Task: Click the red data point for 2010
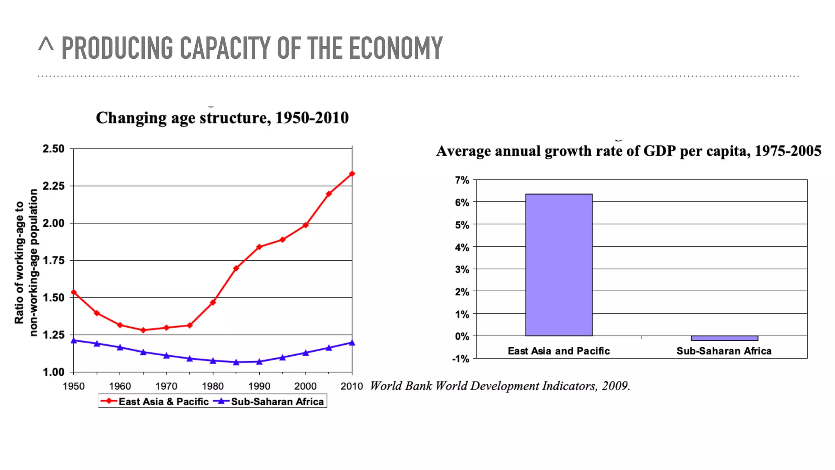click(352, 174)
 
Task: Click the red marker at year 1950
click(74, 292)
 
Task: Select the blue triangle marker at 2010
click(352, 343)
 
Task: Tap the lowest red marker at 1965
click(143, 330)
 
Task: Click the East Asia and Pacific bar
click(559, 265)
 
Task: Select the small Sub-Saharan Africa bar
click(724, 338)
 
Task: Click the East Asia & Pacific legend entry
click(155, 401)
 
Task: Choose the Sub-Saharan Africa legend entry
click(269, 401)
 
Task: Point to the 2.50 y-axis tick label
click(53, 149)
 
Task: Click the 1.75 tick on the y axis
click(53, 260)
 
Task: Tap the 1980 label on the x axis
click(212, 386)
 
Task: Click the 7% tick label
click(462, 180)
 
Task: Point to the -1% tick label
click(461, 359)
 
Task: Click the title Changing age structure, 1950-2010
click(222, 118)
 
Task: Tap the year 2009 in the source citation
click(616, 386)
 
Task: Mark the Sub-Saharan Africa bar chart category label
click(724, 351)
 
